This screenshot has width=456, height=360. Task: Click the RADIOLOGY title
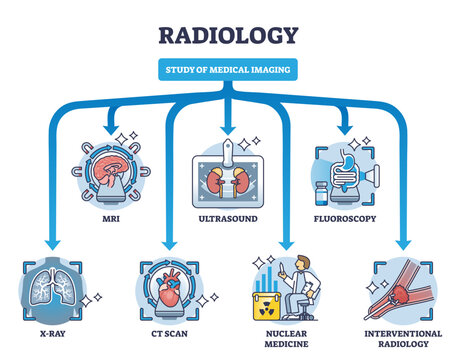[x=228, y=34]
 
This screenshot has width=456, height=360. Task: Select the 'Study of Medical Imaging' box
[x=228, y=69]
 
